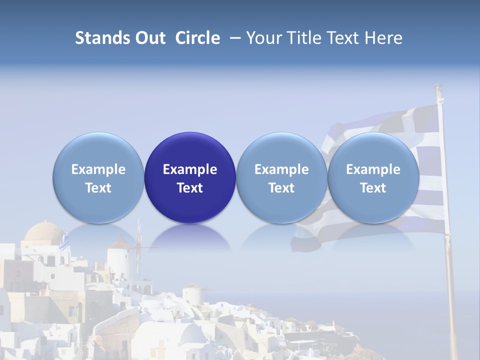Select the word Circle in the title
click(197, 38)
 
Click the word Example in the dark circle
click(190, 169)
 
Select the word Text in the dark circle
click(190, 188)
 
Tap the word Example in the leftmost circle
click(98, 169)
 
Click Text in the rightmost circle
click(373, 188)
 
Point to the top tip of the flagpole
click(438, 87)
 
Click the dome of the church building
click(44, 232)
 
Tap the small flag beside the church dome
click(64, 242)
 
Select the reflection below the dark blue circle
click(190, 237)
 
